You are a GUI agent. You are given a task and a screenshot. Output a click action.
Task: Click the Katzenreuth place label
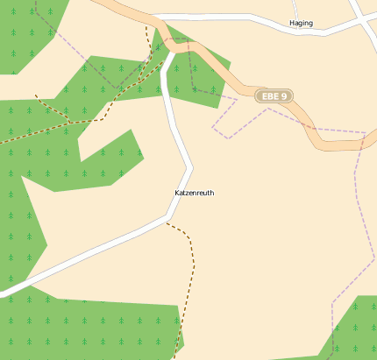pos(195,193)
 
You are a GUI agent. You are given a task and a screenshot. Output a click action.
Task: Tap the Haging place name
pos(301,24)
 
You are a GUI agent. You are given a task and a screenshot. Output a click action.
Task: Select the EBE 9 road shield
pos(274,96)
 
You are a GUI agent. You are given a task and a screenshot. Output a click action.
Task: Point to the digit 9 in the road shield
pos(285,96)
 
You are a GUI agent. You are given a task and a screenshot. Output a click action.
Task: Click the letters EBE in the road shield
pos(270,96)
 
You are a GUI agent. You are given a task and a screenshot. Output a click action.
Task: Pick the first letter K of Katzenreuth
pos(178,193)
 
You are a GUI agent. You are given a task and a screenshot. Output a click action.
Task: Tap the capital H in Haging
pos(292,24)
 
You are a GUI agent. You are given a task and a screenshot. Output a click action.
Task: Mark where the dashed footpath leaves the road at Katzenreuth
pos(167,222)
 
